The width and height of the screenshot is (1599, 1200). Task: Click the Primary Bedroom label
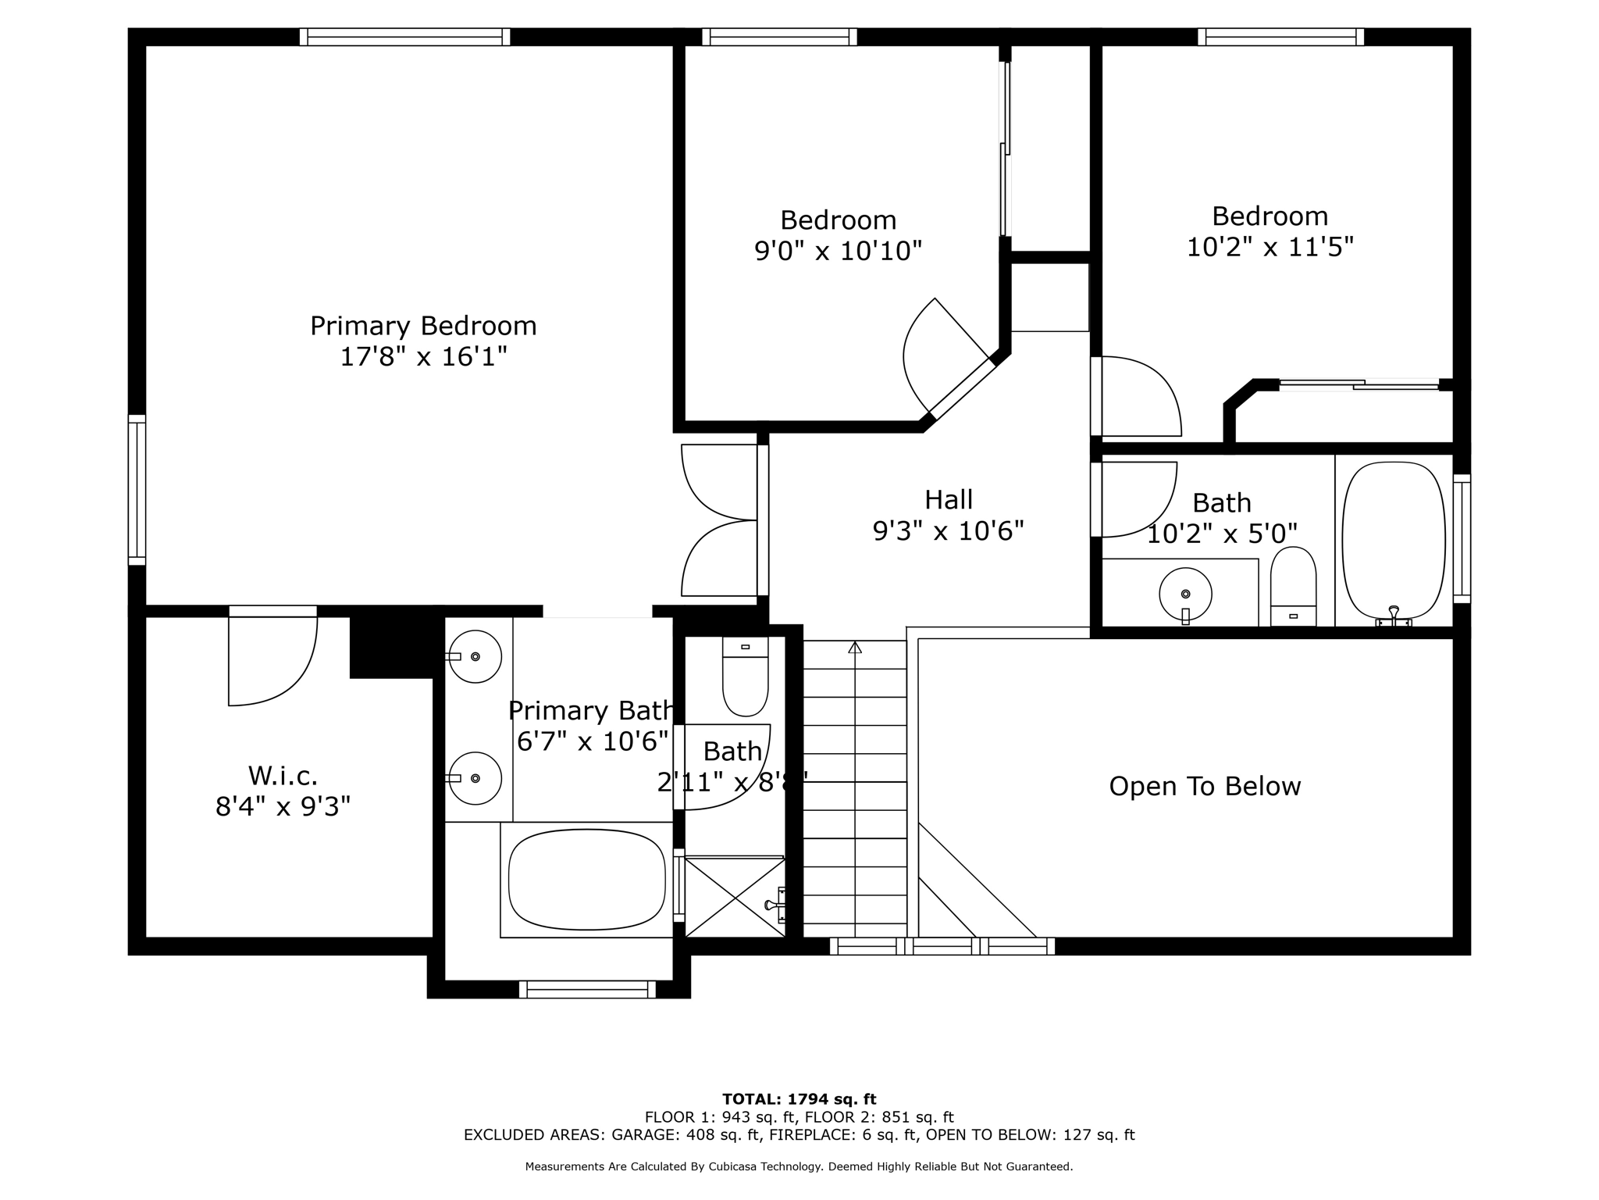tap(423, 326)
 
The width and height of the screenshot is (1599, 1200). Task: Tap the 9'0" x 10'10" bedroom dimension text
tap(838, 251)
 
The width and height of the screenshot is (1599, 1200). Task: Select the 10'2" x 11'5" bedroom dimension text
tap(1270, 247)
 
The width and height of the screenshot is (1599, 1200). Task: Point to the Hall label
tap(949, 499)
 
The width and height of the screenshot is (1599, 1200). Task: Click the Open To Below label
tap(1205, 786)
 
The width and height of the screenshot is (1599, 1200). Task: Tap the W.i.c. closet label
tap(283, 776)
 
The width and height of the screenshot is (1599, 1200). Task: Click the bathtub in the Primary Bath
tap(586, 880)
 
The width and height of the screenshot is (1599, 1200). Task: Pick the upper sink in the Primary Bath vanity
tap(475, 657)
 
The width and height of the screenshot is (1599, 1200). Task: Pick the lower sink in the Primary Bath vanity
tap(475, 778)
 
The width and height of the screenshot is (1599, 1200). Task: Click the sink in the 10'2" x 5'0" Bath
tap(1185, 595)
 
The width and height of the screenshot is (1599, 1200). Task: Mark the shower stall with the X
tap(734, 896)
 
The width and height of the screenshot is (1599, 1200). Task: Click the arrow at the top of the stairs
tap(855, 647)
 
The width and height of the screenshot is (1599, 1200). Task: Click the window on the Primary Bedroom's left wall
tap(137, 490)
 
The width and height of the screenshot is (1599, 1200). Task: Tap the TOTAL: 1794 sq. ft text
tap(799, 1099)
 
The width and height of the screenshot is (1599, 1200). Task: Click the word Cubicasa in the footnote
tap(735, 1166)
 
